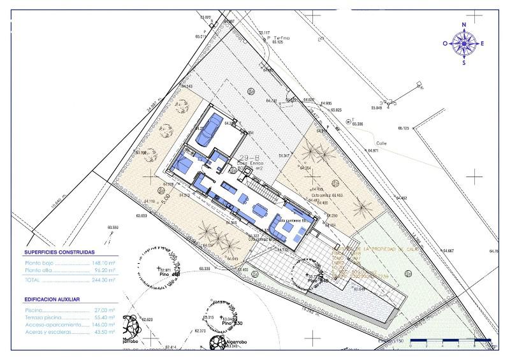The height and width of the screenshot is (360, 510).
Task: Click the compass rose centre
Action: [464, 43]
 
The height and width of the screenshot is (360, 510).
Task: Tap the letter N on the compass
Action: [464, 25]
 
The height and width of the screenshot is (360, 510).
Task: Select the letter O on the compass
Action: [446, 44]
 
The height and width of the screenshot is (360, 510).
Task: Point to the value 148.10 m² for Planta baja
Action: [103, 263]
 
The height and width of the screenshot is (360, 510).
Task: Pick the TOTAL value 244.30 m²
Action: [103, 279]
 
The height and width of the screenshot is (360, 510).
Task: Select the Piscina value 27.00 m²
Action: [103, 310]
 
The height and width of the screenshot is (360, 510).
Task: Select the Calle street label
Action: [382, 143]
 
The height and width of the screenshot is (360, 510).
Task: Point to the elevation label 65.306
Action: [357, 124]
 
